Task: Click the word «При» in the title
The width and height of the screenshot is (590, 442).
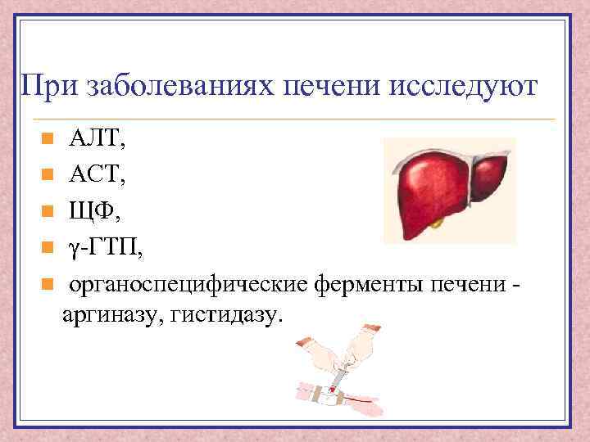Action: pos(48,85)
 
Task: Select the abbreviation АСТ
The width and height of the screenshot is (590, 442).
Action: pos(96,174)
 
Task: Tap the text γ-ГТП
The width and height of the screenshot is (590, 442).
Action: pos(104,247)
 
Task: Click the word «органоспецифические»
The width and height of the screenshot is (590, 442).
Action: pos(188,284)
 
